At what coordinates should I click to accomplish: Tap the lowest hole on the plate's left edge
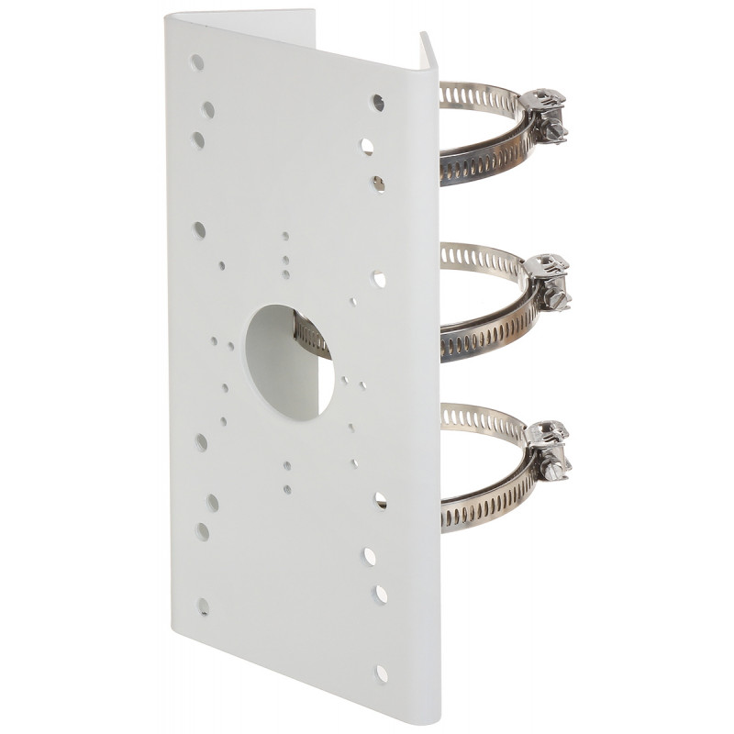(203, 606)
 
